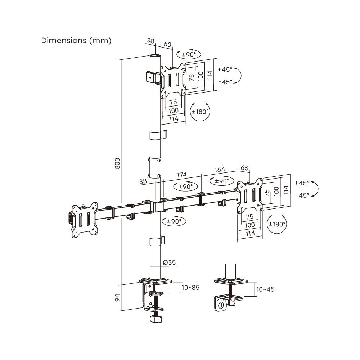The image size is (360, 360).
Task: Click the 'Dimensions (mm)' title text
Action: point(76,40)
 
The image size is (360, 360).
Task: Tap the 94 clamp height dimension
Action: point(117,297)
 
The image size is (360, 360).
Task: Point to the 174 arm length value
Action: point(182,174)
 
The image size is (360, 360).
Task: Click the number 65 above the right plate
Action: point(244,168)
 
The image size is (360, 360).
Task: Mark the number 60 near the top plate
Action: point(167,44)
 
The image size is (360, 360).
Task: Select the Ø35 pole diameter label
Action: point(169,262)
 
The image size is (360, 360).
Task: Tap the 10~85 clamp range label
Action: point(190,287)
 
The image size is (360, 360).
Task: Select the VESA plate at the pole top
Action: point(173,80)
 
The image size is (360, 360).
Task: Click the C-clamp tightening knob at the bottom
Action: point(156,319)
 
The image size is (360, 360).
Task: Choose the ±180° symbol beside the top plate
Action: point(200,112)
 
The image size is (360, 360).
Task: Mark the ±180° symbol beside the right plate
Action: point(277,224)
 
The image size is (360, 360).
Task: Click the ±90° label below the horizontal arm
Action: point(174,221)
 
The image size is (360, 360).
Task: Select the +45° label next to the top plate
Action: point(225,69)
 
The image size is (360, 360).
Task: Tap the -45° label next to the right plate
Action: point(302,195)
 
